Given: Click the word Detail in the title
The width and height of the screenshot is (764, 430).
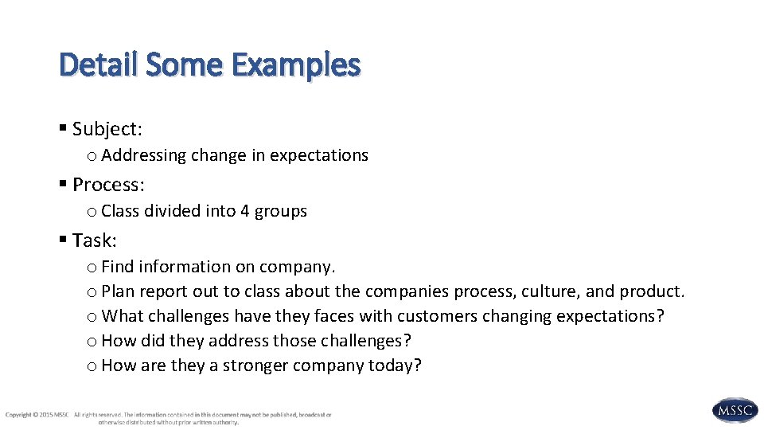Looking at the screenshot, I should [99, 64].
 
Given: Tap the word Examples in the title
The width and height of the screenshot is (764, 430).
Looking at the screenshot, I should [296, 64].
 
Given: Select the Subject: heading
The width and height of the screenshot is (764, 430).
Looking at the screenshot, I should [107, 129].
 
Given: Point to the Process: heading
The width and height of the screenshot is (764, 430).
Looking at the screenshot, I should [108, 185].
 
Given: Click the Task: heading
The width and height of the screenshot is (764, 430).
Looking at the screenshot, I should [94, 240].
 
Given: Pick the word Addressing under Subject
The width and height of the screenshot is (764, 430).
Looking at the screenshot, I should [143, 155].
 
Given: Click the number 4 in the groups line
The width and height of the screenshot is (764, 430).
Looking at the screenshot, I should [245, 211].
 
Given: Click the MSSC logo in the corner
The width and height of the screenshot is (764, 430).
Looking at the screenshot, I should [734, 410].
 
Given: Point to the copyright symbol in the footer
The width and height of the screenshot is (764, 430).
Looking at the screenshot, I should [35, 415].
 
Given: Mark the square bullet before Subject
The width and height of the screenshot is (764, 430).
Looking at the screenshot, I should [64, 129].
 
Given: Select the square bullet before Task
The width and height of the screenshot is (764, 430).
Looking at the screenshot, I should [64, 240].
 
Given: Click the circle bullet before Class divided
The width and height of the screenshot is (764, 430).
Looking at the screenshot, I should [92, 212].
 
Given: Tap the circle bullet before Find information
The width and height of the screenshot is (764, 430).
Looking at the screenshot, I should [92, 268].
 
